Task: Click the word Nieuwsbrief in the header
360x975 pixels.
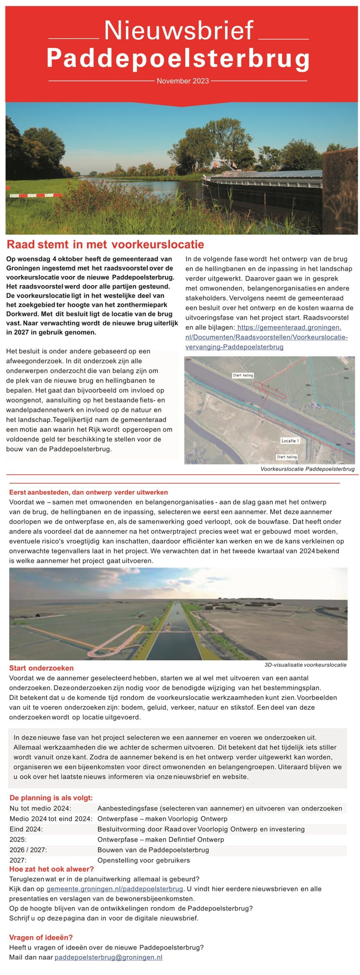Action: (x=179, y=30)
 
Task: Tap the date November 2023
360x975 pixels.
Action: (x=183, y=81)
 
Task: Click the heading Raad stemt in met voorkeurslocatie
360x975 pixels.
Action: (x=106, y=245)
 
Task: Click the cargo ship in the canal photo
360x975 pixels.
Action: (x=263, y=183)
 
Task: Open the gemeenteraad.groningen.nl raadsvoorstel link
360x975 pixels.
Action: (x=267, y=337)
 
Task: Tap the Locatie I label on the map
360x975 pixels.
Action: (x=290, y=441)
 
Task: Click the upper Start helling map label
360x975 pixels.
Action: (x=243, y=375)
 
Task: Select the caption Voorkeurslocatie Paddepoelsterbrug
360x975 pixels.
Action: (x=307, y=469)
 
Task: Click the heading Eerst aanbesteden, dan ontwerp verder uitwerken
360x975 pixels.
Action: (x=88, y=492)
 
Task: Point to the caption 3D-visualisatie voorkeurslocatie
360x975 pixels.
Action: (x=305, y=665)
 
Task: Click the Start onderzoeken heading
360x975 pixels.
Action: (x=42, y=668)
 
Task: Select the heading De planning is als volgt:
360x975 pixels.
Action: (x=51, y=798)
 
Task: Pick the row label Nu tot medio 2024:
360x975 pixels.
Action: (x=40, y=809)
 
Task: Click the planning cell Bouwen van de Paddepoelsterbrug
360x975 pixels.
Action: (x=153, y=850)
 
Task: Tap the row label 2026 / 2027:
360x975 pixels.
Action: (x=28, y=850)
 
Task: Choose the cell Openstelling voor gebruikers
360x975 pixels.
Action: (x=144, y=860)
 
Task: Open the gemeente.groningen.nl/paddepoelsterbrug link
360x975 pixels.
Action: (x=115, y=889)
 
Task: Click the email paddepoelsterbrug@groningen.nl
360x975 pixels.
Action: (x=109, y=957)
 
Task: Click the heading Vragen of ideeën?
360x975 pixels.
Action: (x=41, y=938)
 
